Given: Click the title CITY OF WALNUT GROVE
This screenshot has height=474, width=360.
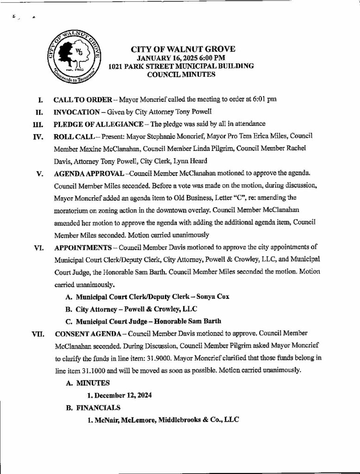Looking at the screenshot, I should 183,50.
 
